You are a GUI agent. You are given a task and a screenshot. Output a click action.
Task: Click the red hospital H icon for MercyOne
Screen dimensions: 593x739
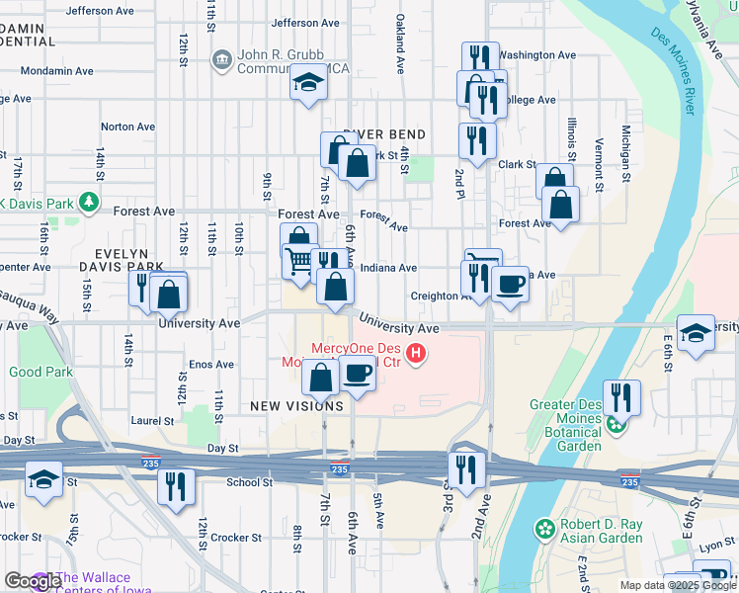coord(417,352)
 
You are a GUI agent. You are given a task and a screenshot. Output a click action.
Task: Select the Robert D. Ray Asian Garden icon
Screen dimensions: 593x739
coord(544,530)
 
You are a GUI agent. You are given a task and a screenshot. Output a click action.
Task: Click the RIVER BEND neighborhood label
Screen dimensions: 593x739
coord(384,134)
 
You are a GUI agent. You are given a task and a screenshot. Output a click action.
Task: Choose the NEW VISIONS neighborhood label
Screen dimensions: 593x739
coord(295,406)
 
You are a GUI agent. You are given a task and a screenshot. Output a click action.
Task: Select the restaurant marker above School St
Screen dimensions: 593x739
coord(177,486)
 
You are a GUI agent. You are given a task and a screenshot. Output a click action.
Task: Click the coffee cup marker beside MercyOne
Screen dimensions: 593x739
coord(357,374)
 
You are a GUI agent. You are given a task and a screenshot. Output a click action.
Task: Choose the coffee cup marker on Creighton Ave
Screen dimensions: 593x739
coord(510,285)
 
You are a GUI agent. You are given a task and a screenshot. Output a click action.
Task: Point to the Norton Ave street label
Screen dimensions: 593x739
coord(128,127)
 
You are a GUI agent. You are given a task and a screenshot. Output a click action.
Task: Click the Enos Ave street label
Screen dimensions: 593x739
coord(210,365)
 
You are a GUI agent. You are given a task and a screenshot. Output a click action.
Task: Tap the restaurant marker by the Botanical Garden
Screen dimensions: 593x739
coord(621,397)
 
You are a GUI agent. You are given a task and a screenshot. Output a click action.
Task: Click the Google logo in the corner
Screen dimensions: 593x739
coord(33,582)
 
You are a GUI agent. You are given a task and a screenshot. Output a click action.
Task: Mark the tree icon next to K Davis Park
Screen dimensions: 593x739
coord(90,203)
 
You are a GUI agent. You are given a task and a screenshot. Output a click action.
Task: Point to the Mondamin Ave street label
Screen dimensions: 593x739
coord(65,71)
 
